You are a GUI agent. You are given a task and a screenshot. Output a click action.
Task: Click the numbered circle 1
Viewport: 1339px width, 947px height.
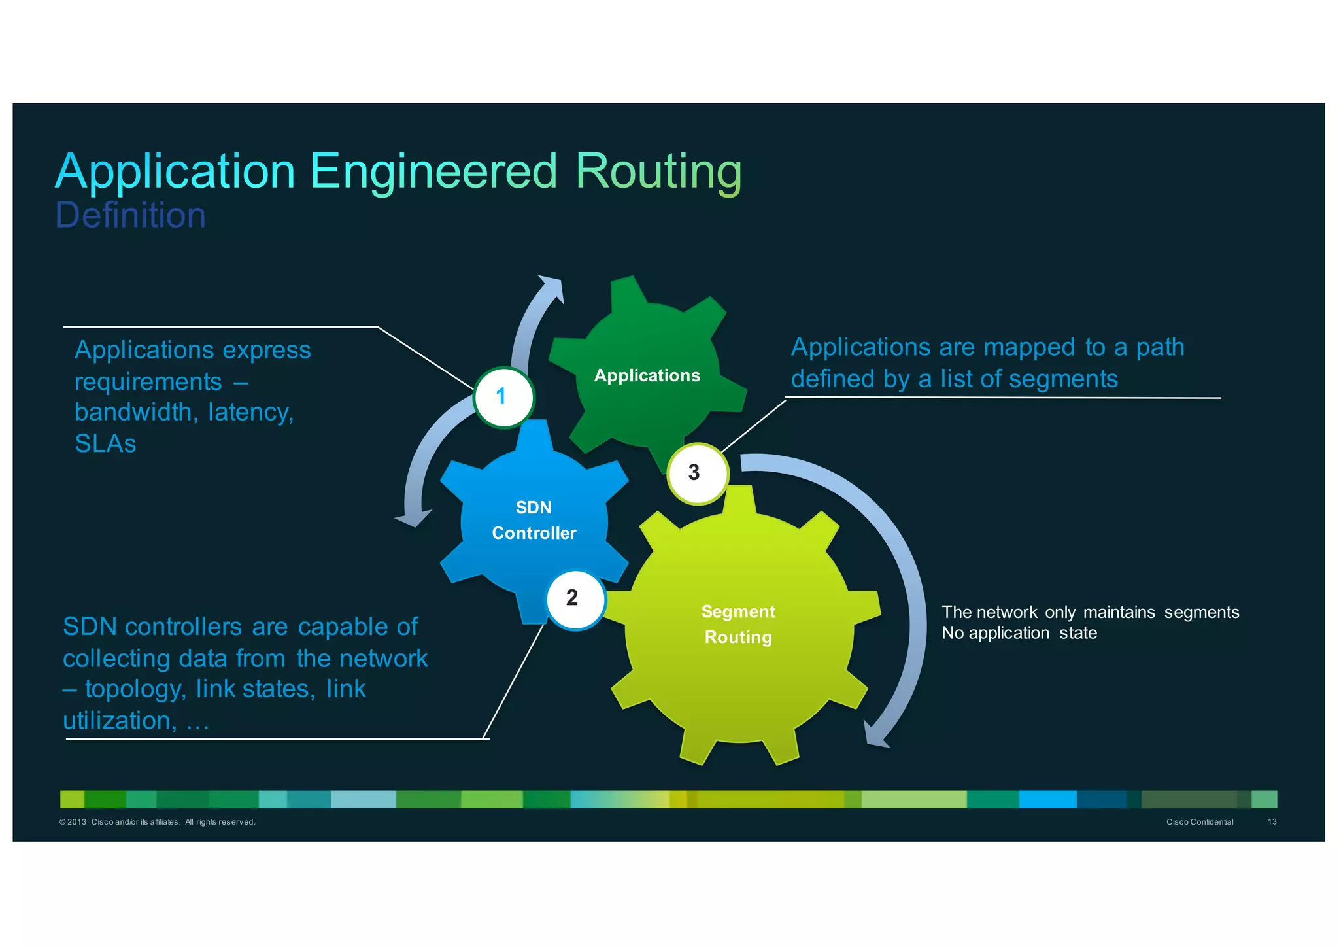tap(503, 397)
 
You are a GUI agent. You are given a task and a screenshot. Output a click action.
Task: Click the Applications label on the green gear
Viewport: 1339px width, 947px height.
tap(647, 375)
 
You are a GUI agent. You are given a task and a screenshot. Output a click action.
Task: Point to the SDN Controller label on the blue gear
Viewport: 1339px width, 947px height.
tap(534, 520)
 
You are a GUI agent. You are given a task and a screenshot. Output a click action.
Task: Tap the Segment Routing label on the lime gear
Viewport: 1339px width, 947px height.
tap(738, 624)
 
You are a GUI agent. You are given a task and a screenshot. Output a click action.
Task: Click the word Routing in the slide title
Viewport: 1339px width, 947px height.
tap(658, 171)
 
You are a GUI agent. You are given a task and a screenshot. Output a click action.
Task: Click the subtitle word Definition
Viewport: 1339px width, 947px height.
tap(130, 215)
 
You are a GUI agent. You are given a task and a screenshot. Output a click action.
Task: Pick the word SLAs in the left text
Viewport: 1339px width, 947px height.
tap(105, 444)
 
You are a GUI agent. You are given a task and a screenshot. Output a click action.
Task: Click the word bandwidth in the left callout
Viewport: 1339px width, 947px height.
tap(133, 413)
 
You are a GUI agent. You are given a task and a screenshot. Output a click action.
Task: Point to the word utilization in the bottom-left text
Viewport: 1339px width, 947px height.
tap(117, 721)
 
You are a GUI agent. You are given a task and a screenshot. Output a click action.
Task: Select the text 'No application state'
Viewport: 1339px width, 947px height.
tap(1019, 633)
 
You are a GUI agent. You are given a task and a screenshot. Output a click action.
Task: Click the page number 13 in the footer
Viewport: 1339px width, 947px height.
tap(1272, 821)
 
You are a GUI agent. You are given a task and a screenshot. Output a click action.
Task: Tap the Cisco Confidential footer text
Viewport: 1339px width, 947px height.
tap(1199, 822)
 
